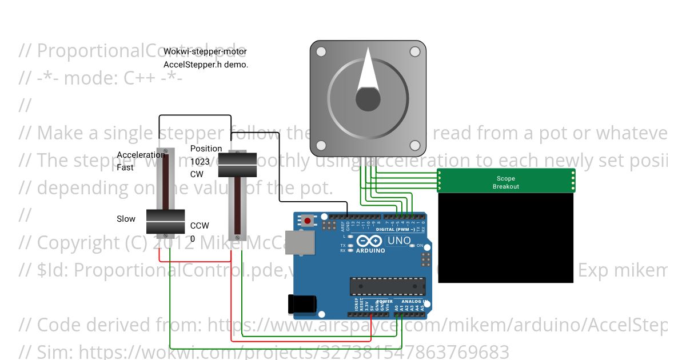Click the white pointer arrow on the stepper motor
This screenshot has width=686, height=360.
click(x=368, y=74)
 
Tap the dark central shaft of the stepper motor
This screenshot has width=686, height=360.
click(x=368, y=99)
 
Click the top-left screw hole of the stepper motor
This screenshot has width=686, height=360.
click(x=321, y=52)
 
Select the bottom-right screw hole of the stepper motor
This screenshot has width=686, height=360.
click(x=415, y=146)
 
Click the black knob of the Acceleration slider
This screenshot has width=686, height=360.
click(x=165, y=222)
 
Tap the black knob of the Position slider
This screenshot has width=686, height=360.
click(x=238, y=165)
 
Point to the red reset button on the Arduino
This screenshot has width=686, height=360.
click(x=308, y=221)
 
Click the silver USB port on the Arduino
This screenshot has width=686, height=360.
click(x=300, y=243)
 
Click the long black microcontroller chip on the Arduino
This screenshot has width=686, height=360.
click(x=388, y=286)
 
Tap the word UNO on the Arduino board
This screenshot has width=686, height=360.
click(x=399, y=241)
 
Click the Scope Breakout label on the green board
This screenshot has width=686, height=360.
click(x=506, y=182)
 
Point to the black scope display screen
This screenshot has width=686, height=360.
click(x=505, y=237)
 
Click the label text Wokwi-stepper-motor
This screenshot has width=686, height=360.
click(x=205, y=51)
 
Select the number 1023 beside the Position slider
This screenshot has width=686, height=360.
click(x=200, y=161)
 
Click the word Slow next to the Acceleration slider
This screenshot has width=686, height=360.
click(x=126, y=219)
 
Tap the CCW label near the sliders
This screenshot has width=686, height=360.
click(x=200, y=226)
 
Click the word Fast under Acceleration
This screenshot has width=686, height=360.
click(x=125, y=167)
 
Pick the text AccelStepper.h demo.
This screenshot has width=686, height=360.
click(x=206, y=65)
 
